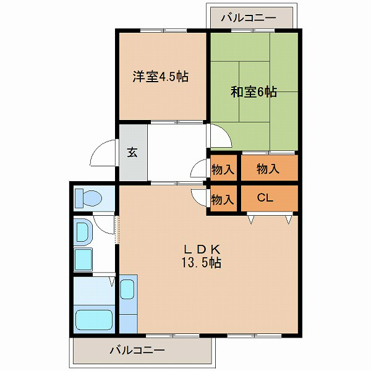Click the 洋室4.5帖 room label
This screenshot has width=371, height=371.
pos(160,77)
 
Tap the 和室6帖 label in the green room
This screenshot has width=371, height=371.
pos(254,93)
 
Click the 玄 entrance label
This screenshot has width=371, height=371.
pos(132,153)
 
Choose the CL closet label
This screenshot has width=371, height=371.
pos(265,198)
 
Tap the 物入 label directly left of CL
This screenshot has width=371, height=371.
pos(223,199)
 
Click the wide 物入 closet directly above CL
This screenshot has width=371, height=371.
pos(268,168)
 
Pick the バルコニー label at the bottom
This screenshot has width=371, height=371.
pos(137,351)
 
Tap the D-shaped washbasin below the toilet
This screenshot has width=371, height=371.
pos(82,232)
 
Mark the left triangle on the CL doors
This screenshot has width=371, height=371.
pos(250,218)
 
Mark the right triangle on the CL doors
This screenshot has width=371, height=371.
pos(288,218)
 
